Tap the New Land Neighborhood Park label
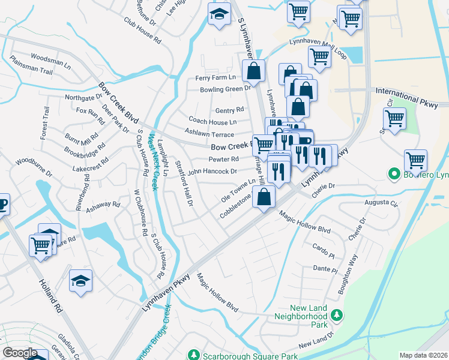pos(301,320)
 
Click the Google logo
pos(20,353)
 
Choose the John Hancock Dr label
pos(212,171)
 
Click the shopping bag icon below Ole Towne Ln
pos(264,196)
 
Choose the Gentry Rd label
pos(229,110)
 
